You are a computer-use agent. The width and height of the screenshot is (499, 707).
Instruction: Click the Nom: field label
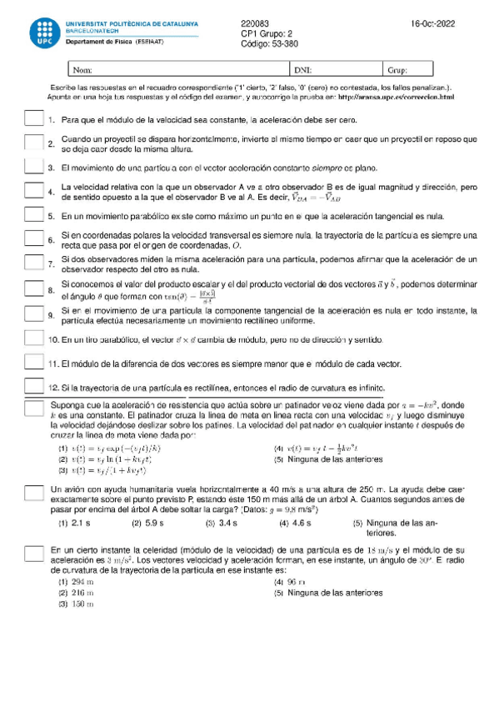click(83, 70)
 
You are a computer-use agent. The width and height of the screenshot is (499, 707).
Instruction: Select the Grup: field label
click(397, 70)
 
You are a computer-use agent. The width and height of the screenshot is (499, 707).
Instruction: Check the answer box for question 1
click(34, 120)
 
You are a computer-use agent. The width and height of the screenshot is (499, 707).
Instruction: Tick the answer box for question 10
click(34, 339)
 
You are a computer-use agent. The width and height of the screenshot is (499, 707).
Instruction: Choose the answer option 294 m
click(83, 581)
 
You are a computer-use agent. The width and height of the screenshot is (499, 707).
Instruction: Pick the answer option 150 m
click(83, 604)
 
